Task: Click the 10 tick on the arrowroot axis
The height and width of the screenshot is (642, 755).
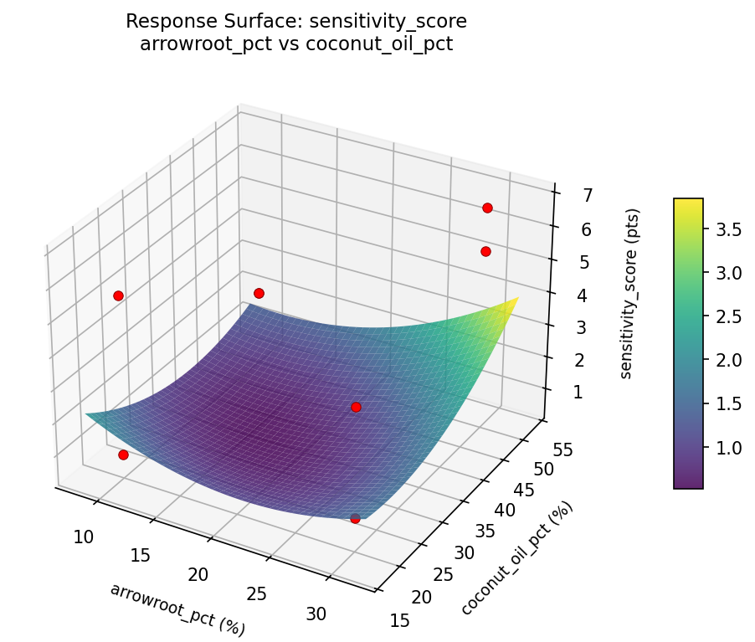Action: click(x=83, y=537)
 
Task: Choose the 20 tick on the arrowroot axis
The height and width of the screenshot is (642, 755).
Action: click(x=198, y=575)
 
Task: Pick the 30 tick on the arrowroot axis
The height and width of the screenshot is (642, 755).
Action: click(x=316, y=614)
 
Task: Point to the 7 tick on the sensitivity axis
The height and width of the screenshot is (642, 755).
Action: click(x=565, y=196)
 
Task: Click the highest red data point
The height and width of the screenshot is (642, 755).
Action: click(x=487, y=208)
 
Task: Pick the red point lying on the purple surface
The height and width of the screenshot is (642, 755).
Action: click(x=356, y=407)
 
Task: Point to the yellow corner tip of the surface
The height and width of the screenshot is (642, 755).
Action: click(x=518, y=297)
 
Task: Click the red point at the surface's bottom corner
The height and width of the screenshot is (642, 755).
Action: click(x=355, y=518)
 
